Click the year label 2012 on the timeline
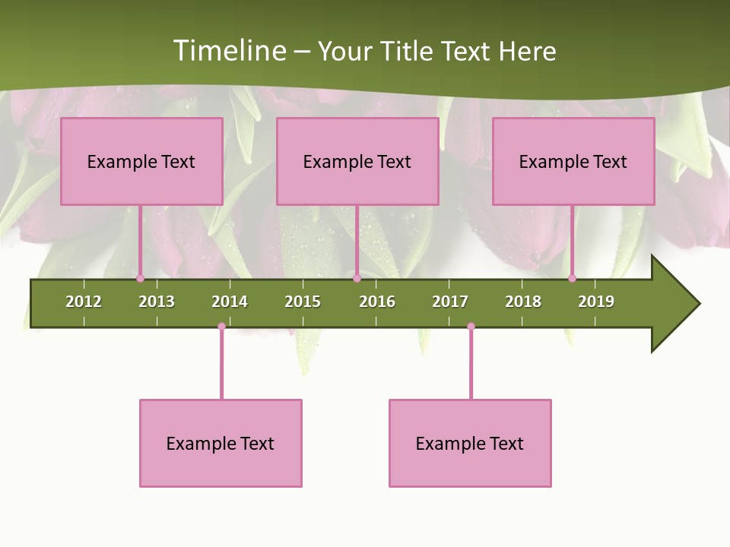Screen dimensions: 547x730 coord(84,302)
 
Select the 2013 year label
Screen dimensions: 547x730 coord(157,302)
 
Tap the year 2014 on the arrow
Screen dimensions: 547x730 coord(230,302)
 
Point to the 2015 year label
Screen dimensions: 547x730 coord(303,302)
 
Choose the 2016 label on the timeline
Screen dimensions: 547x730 coord(377,302)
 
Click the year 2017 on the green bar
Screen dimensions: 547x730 coord(450,302)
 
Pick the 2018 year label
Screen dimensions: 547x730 coord(523,302)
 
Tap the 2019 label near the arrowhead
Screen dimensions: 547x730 coord(596,302)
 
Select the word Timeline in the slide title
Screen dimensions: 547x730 coord(228,51)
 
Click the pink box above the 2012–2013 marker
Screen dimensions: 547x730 coord(141,161)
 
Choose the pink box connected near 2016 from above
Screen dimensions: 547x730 coord(357,161)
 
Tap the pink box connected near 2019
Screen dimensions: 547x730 coord(573,161)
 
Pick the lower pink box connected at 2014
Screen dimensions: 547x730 coord(221,443)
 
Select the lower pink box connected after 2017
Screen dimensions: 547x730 coord(470,443)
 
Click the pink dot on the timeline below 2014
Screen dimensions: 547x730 coord(221,327)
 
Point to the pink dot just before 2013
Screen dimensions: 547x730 coord(140,279)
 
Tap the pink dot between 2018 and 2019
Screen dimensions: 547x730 coord(572,279)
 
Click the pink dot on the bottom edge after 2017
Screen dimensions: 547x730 coord(471,327)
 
